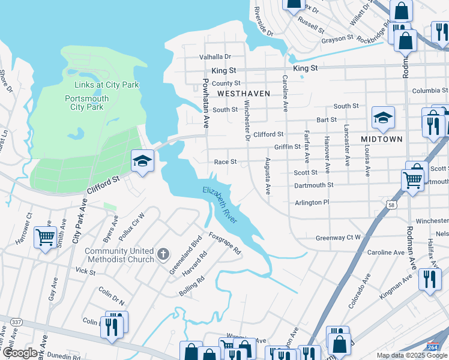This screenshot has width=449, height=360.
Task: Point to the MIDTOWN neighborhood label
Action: pos(382,139)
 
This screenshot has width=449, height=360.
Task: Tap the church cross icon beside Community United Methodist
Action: pos(162,254)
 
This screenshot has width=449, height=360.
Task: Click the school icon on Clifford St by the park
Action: pos(143,161)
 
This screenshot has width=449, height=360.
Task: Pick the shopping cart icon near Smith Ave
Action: pos(46,238)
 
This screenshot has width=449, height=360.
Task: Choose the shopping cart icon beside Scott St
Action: pos(412,179)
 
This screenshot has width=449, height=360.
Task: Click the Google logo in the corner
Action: pos(19,353)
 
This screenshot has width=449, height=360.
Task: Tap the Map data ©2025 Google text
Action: pos(411,355)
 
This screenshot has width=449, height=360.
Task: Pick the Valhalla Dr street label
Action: pos(215,57)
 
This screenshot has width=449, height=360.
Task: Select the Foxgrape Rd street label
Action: pos(225,243)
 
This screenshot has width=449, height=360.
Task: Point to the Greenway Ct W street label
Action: pos(339,238)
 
